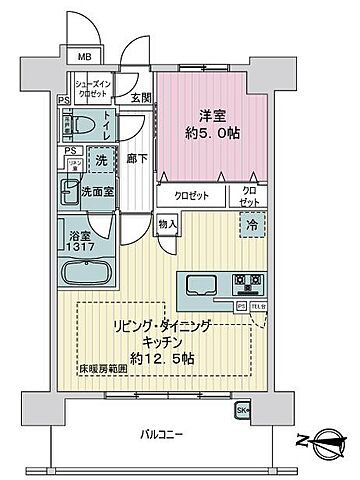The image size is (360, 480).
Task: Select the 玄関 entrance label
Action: (140, 97)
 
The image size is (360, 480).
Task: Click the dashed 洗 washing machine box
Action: (100, 158)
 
